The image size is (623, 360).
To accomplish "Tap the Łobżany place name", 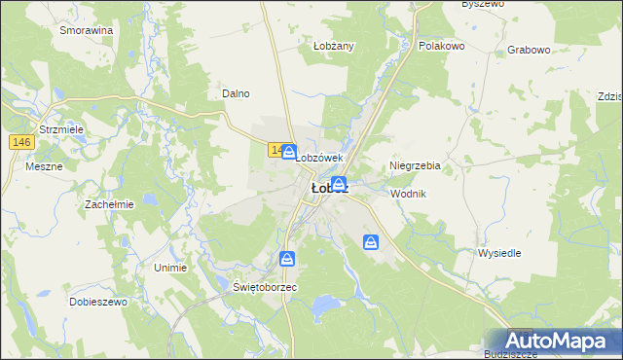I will tap(333, 46).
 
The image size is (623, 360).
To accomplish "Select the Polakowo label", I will tap(441, 46).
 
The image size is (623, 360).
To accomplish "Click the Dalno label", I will tap(237, 93).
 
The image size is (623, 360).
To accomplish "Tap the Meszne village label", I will tap(45, 166).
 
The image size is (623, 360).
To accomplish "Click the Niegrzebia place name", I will tap(416, 166).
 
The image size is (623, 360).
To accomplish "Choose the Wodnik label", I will tap(408, 194).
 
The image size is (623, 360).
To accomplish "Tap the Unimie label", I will tap(170, 266).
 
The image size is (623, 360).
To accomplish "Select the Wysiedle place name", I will tap(499, 252).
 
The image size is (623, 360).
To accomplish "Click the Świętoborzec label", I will tap(265, 288).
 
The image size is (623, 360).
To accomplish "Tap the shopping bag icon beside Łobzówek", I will tap(290, 152).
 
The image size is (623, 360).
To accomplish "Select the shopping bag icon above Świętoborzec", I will tap(287, 259).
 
